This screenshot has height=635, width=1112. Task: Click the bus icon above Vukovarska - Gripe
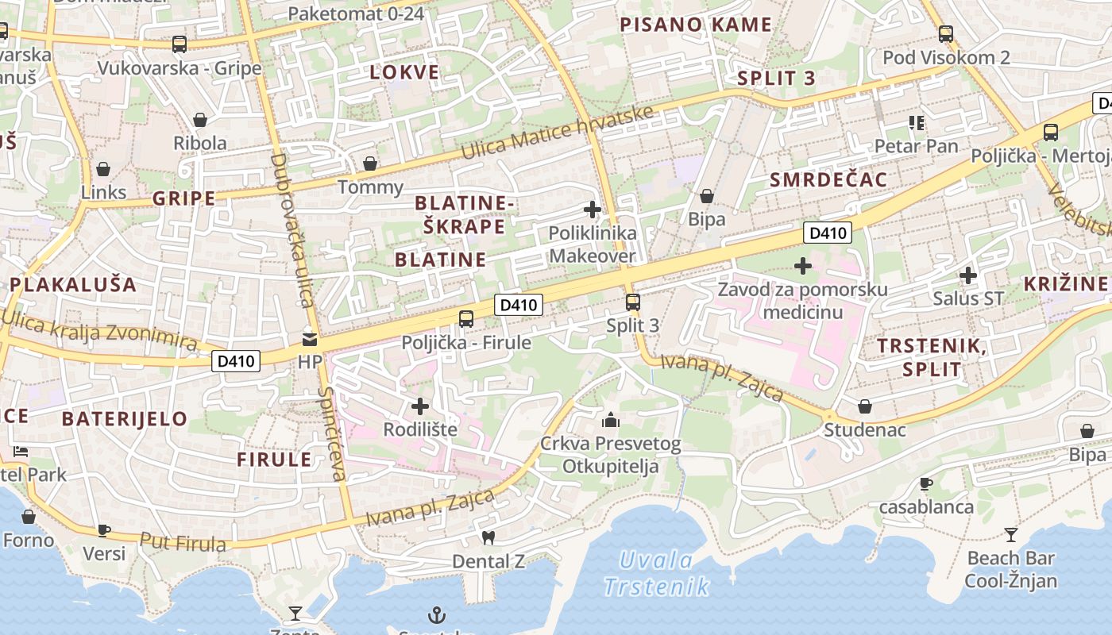tap(180, 44)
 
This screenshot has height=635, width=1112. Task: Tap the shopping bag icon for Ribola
tap(199, 120)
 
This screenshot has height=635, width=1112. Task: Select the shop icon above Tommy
tap(370, 164)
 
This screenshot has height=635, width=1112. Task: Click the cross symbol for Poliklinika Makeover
tap(593, 210)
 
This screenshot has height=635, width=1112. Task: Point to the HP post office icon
tap(308, 340)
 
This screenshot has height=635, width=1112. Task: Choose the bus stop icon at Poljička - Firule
tap(466, 319)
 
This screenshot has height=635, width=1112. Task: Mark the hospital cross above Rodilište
tap(420, 406)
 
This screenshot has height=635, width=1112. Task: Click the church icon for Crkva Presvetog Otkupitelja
tap(611, 420)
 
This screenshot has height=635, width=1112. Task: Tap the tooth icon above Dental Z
tap(488, 537)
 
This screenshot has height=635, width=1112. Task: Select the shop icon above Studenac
tap(865, 406)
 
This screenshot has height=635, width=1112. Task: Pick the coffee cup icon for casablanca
tap(925, 483)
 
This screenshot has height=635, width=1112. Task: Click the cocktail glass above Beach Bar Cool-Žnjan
tap(1010, 534)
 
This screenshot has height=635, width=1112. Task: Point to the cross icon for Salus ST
tap(968, 275)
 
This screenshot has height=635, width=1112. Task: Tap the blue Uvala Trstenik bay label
tap(656, 573)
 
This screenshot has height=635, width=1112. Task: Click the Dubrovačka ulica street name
tap(293, 230)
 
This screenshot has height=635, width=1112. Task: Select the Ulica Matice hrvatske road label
tap(558, 132)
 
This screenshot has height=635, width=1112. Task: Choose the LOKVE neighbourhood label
tap(404, 72)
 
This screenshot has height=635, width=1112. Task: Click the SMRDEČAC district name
tap(828, 179)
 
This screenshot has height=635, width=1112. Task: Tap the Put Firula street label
tap(183, 542)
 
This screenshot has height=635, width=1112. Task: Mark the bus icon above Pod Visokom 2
tap(945, 34)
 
